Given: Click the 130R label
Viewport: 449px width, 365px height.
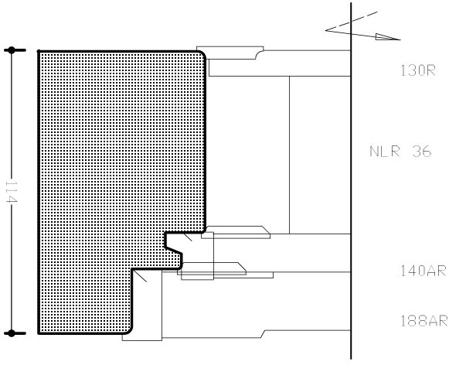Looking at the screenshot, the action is (418, 70).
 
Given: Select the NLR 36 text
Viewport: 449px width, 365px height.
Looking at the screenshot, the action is (400, 152).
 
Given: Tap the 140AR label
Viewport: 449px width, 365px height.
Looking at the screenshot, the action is (423, 271).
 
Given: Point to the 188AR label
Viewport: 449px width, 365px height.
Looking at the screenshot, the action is (423, 321).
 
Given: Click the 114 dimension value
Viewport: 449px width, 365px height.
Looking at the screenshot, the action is (12, 191).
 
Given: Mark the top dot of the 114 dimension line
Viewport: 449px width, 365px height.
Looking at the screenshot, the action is (12, 50).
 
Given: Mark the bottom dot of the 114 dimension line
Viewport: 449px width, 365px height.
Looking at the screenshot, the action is (12, 333).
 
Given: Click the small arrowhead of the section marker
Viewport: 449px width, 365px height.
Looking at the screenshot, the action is (387, 37).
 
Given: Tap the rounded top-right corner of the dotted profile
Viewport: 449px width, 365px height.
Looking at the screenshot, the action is (202, 54).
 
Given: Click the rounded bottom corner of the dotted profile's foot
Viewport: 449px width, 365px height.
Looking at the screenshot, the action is (129, 331).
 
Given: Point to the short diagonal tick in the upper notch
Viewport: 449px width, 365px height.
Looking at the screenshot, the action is (188, 237).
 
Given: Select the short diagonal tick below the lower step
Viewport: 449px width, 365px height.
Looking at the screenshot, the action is (140, 276).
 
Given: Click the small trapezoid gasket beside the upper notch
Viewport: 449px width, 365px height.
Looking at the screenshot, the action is (236, 232).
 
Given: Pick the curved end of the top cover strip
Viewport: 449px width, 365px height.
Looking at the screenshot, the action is (260, 55).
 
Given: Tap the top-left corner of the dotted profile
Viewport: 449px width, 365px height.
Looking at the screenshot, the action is (39, 52).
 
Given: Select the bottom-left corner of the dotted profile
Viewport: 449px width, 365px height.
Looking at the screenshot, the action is (39, 333).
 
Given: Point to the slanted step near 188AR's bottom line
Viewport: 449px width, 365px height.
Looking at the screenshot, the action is (263, 334).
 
